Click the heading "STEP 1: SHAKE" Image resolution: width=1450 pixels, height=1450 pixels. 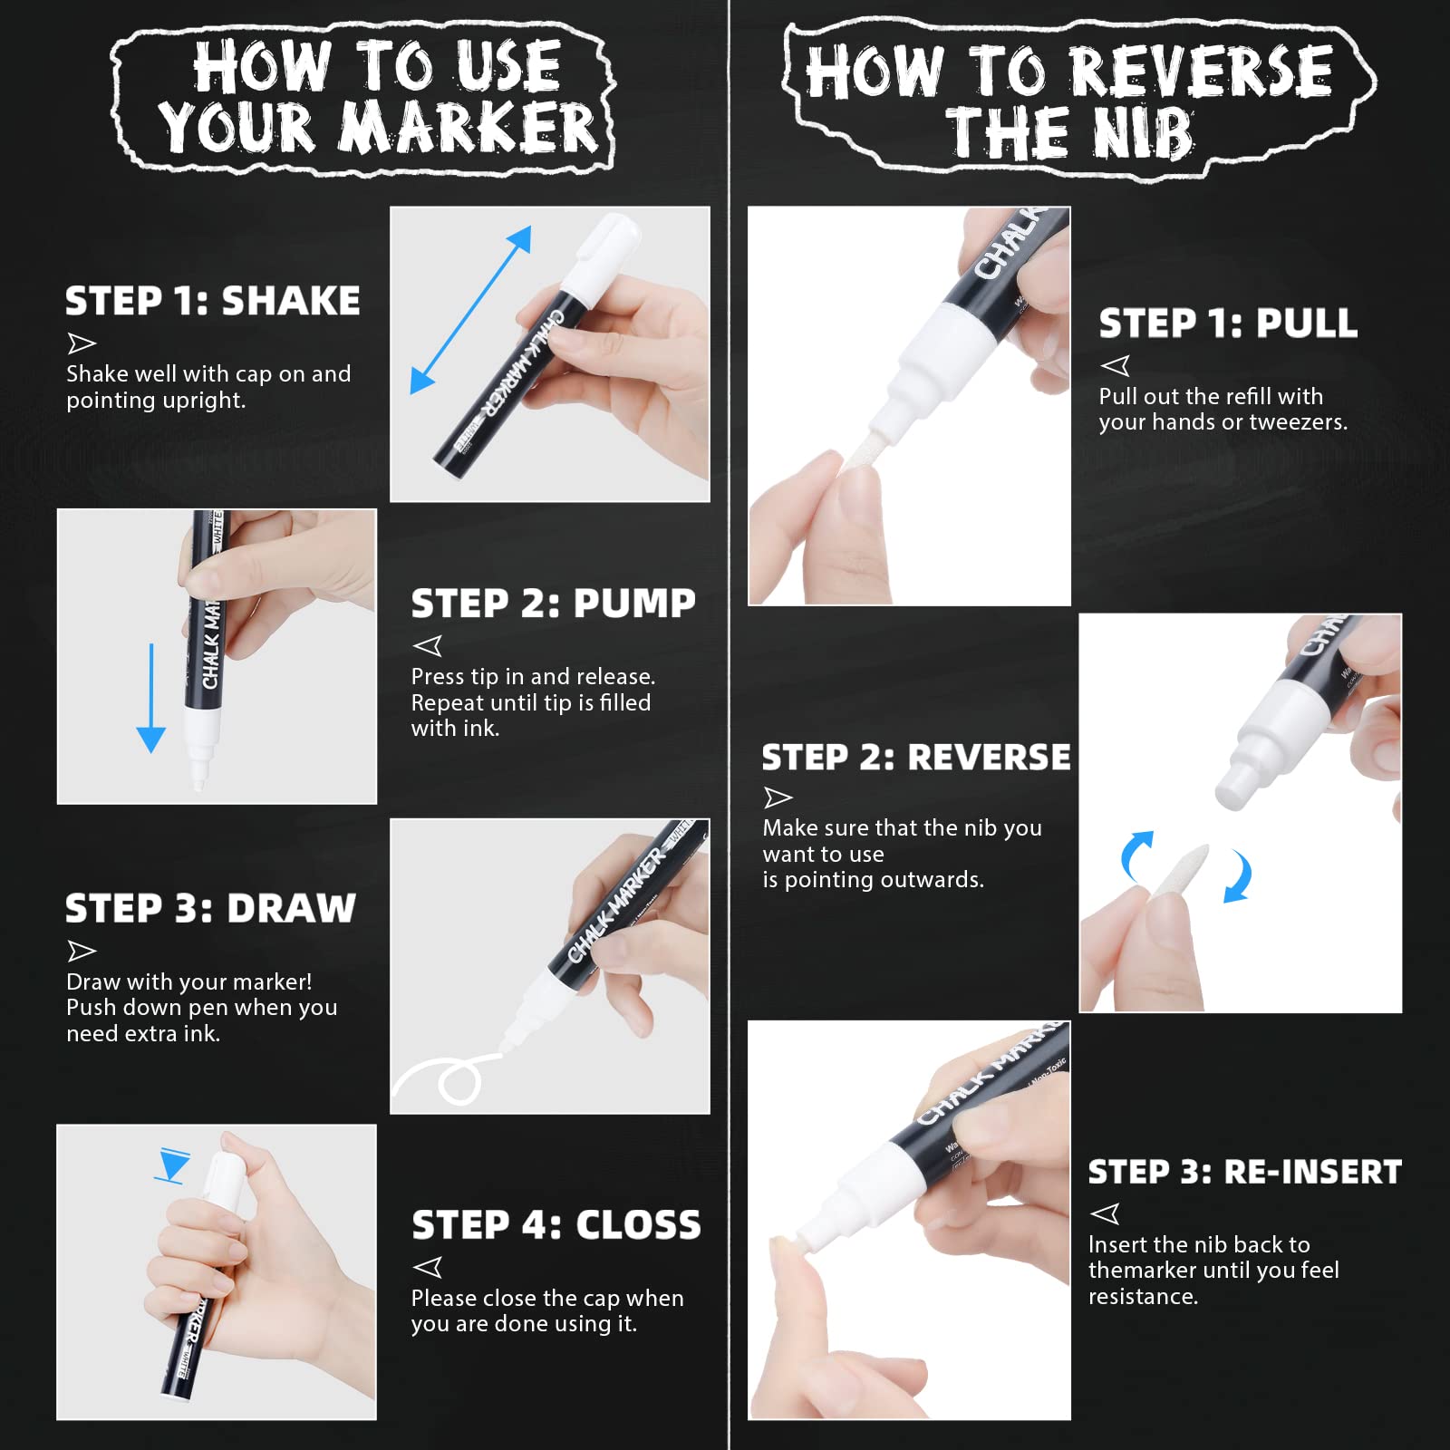point(213,301)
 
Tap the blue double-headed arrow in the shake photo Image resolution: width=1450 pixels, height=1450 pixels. point(470,310)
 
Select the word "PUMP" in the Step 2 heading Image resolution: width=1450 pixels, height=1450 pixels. point(634,604)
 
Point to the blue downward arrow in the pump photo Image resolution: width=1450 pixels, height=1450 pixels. point(150,698)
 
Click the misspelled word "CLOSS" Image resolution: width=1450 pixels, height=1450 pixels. point(638,1225)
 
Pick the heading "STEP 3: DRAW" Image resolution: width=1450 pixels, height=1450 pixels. point(210,908)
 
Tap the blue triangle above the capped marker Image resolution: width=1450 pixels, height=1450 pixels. point(172,1165)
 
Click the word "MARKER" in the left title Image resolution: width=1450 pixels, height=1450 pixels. point(469,127)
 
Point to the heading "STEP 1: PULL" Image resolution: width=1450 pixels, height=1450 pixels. point(1228,324)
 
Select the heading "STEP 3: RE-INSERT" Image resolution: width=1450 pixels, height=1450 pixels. point(1244,1172)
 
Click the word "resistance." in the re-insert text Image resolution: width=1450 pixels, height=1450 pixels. point(1144,1297)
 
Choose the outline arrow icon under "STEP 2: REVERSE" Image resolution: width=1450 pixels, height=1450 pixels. point(778,797)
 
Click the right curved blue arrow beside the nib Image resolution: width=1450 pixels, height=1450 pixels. point(1238,875)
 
